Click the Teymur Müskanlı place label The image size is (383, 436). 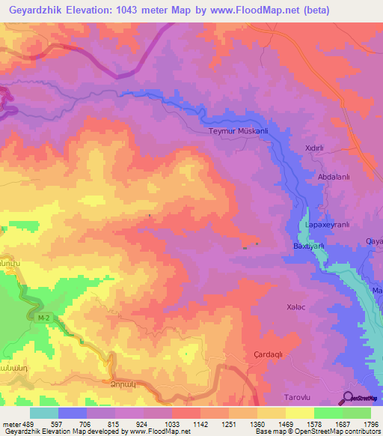point(236,131)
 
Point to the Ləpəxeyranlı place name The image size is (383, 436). point(328,224)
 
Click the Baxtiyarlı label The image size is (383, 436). point(307,246)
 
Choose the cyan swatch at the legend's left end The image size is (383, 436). point(44,413)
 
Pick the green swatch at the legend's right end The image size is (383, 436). point(357,413)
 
